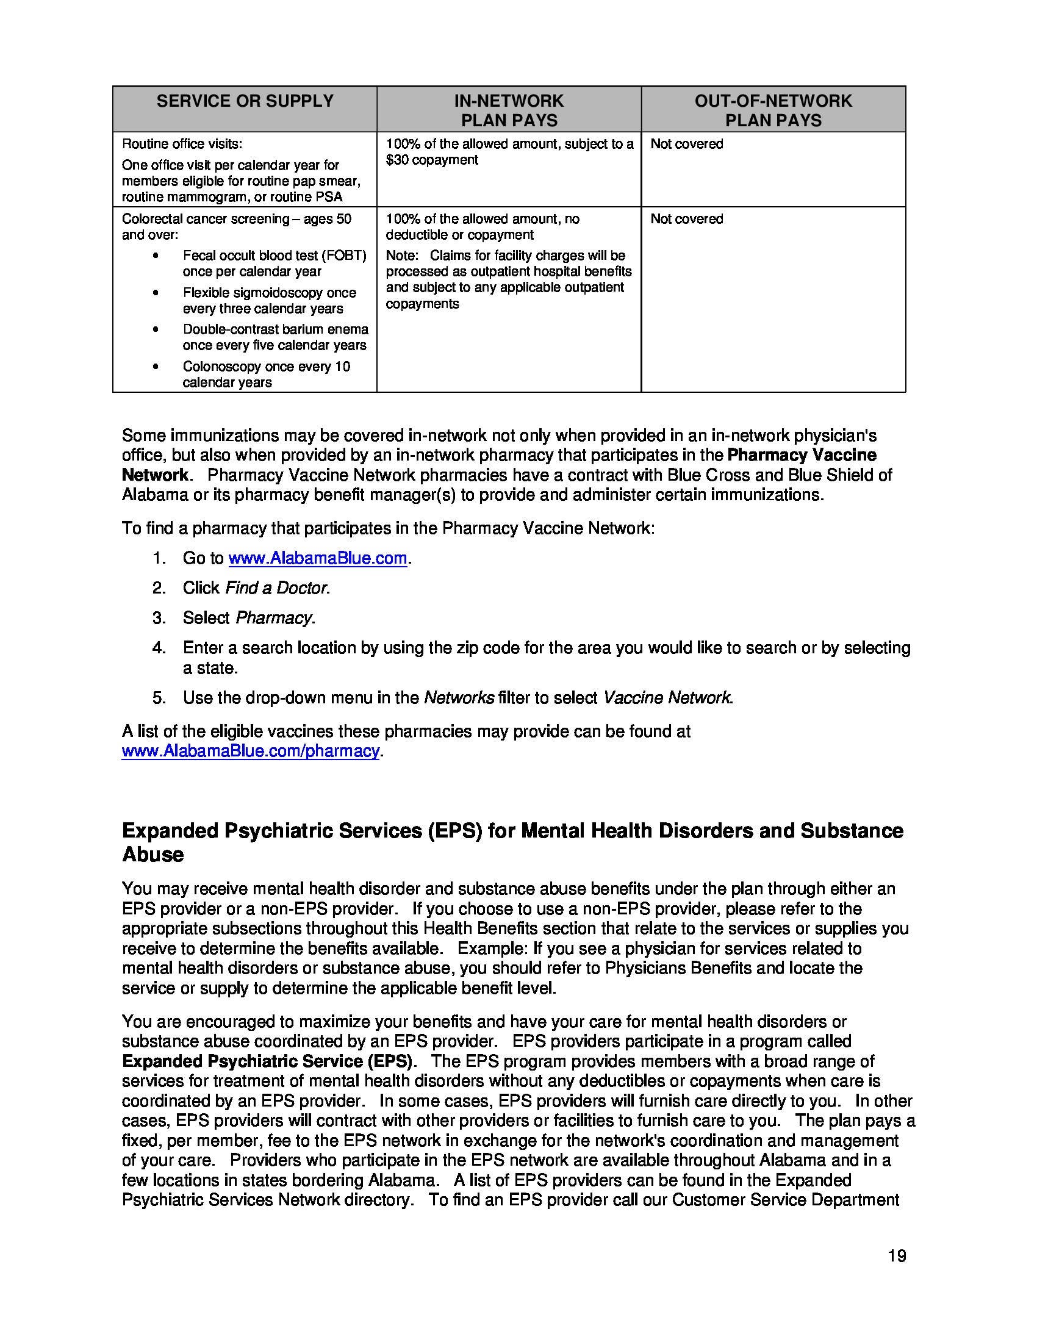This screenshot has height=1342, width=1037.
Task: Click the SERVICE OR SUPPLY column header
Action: point(245,101)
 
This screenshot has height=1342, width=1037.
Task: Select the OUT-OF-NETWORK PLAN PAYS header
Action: point(773,110)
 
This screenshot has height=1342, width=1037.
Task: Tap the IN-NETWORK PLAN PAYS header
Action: point(509,110)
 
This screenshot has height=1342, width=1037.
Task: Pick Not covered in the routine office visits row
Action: point(686,144)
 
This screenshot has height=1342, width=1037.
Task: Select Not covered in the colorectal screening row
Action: point(686,219)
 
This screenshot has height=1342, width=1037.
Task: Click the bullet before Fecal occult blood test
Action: point(156,256)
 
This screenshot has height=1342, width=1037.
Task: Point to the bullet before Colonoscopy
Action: point(156,367)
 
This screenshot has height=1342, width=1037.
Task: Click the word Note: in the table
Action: point(402,256)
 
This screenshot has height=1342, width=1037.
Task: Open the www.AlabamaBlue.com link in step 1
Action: point(317,558)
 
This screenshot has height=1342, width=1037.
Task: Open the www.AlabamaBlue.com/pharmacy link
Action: point(250,751)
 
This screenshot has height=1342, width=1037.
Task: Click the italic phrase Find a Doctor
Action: point(276,588)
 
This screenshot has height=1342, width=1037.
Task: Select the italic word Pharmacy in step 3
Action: point(274,617)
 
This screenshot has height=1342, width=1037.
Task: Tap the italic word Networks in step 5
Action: point(459,697)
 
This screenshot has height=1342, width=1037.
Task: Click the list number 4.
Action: point(159,648)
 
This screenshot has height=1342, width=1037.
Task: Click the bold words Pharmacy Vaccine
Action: point(801,455)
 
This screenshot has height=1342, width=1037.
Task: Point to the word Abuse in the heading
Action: point(153,854)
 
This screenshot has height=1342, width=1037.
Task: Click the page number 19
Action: point(896,1255)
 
